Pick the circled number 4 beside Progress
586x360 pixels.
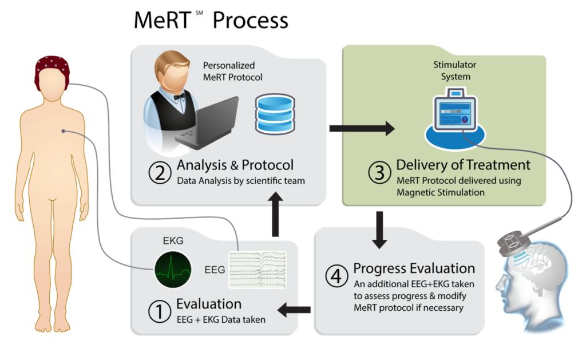tap(336, 276)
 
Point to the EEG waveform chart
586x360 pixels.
tap(257, 268)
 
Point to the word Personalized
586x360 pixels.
tap(229, 66)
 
